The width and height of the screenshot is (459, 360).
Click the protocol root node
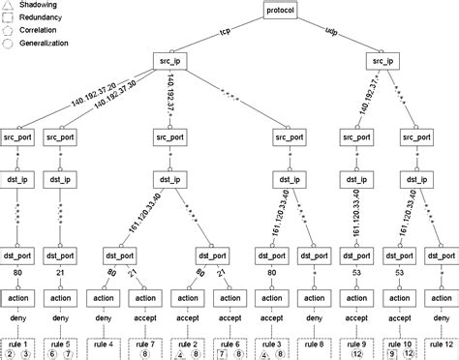[282, 11]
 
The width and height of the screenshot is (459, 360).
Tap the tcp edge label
[226, 31]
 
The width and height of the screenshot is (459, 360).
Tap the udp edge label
[334, 31]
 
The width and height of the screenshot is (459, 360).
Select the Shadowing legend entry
[37, 6]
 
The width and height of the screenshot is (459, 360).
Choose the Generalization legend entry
[44, 43]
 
